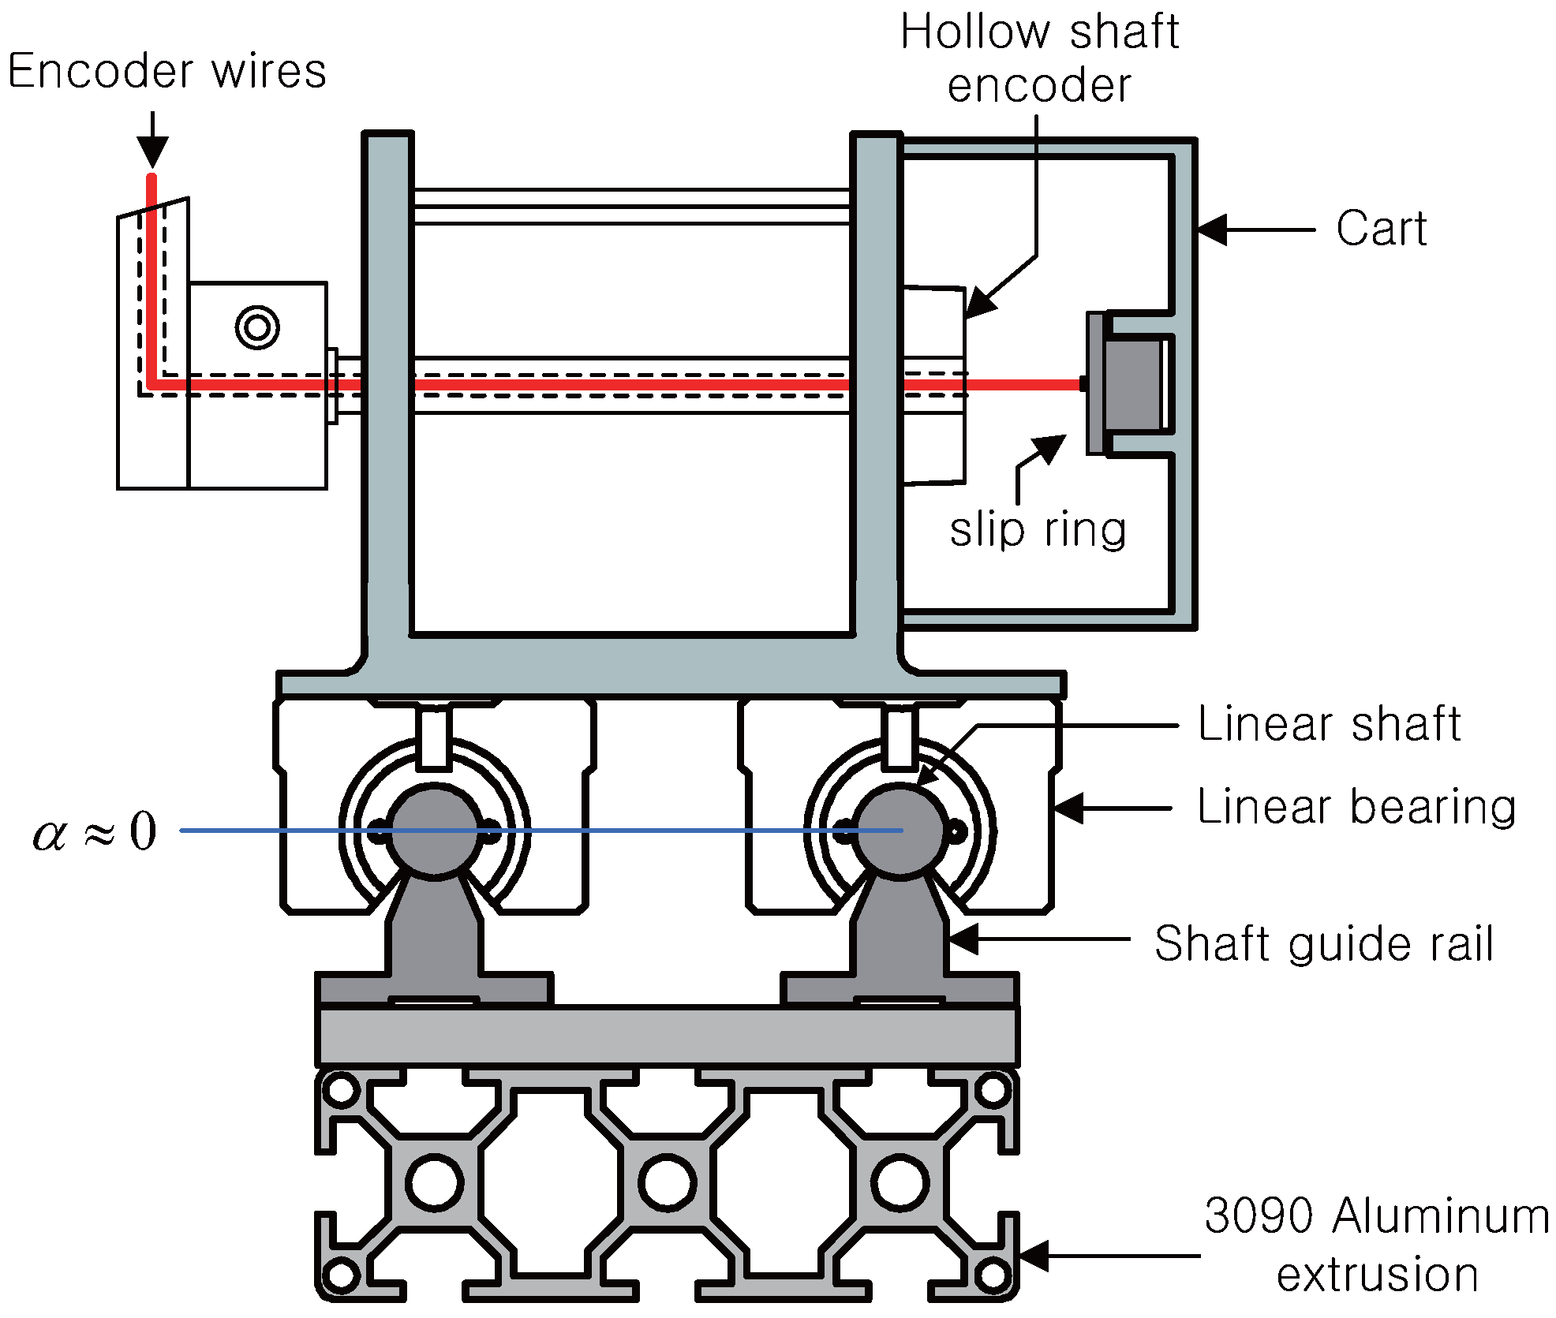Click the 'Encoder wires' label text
click(166, 72)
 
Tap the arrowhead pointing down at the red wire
click(152, 152)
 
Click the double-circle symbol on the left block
click(257, 327)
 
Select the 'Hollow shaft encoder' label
click(1039, 59)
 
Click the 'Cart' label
click(1381, 230)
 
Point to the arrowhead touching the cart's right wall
click(1211, 230)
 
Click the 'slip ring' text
click(1038, 529)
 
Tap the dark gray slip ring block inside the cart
click(1132, 384)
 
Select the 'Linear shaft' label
click(1329, 724)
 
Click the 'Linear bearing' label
click(1356, 807)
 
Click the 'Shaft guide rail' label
click(1323, 943)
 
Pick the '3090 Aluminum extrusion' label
click(1376, 1244)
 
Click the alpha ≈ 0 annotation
click(95, 831)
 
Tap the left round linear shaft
click(434, 831)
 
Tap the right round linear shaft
click(900, 831)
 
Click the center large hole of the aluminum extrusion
click(667, 1182)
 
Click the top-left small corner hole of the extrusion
click(341, 1090)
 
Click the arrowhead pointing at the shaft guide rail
click(963, 939)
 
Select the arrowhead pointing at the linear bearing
click(1068, 808)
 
